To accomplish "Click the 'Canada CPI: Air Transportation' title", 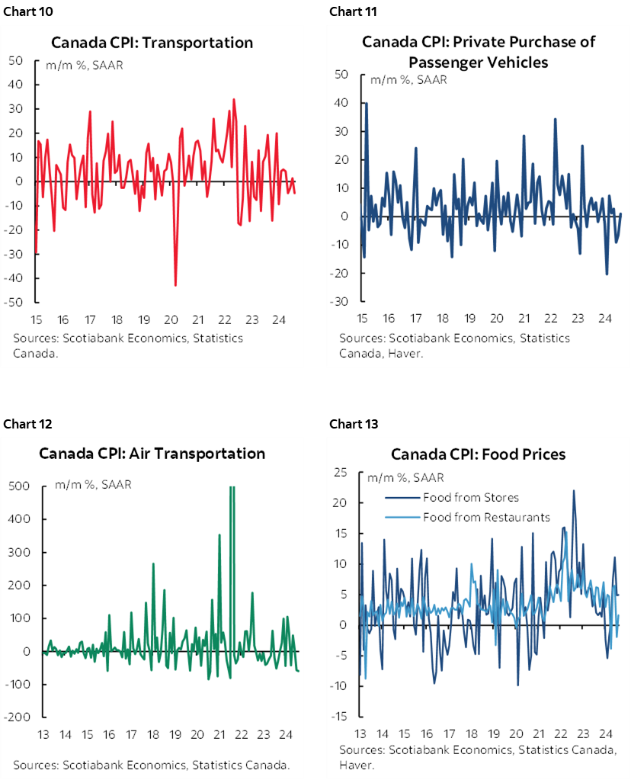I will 152,453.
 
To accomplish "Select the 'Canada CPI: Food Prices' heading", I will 478,454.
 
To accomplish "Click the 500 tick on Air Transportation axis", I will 20,486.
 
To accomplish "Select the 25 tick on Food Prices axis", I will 341,473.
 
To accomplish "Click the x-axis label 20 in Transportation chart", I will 171,319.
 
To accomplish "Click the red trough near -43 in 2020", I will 175,285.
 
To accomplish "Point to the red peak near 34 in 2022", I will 233,99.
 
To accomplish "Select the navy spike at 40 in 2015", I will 366,103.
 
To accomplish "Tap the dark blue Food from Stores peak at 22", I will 573,490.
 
